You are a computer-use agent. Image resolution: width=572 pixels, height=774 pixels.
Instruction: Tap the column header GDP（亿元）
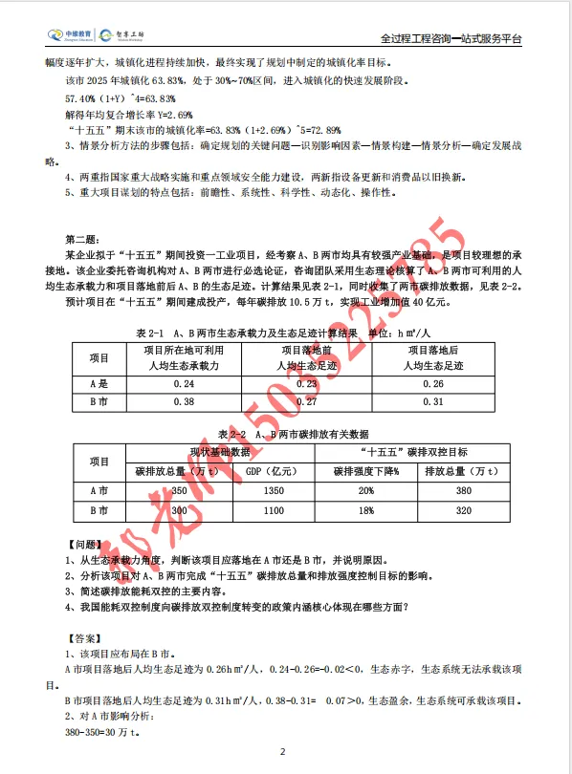[x=274, y=471]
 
